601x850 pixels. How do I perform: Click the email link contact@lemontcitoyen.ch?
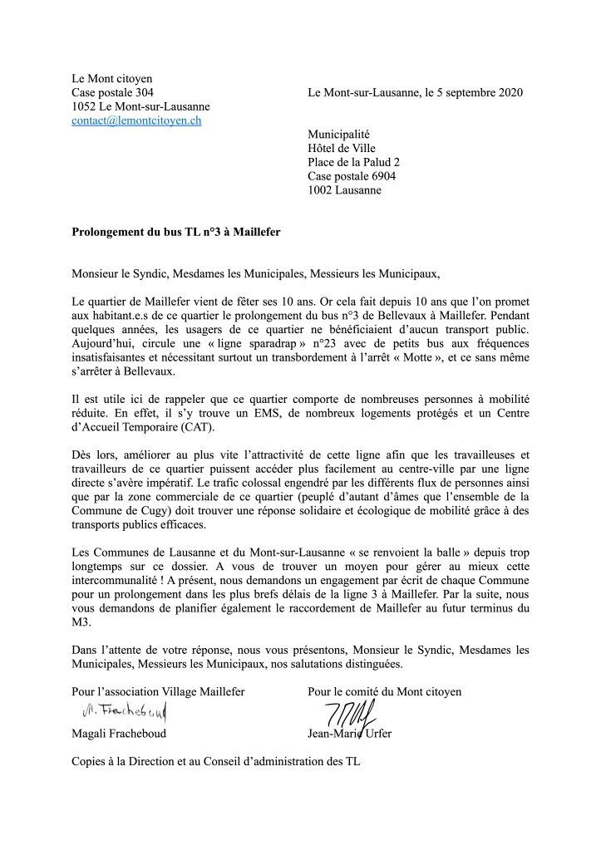click(136, 120)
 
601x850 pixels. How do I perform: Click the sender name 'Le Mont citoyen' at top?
click(111, 78)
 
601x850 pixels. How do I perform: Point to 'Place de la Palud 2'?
click(353, 162)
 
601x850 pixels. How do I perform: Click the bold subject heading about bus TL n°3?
click(176, 233)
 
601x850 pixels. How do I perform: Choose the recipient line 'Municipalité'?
click(338, 134)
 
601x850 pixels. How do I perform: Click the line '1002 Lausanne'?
click(344, 190)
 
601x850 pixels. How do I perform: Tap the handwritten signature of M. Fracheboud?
click(124, 711)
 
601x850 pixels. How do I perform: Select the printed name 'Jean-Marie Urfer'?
click(350, 734)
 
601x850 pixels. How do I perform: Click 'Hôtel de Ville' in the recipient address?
click(342, 148)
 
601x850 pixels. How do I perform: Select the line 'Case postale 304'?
click(112, 92)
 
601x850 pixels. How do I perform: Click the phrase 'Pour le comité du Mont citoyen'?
click(384, 691)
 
